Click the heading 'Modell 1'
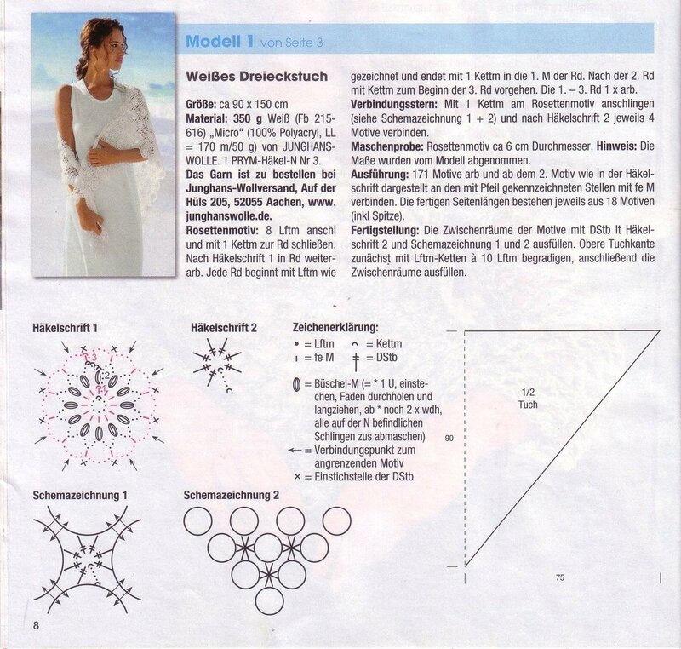(x=220, y=41)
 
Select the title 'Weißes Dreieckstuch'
(x=257, y=77)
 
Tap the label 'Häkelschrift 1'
(x=65, y=328)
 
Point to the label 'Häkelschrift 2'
(x=224, y=328)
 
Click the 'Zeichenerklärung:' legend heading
(x=335, y=328)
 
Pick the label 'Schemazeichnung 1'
(x=80, y=495)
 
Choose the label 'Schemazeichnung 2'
(x=231, y=495)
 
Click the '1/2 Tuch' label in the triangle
(x=528, y=399)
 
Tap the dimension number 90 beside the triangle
(x=449, y=439)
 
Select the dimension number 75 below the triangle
(x=560, y=577)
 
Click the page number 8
(x=36, y=625)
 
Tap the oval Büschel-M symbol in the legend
(x=296, y=384)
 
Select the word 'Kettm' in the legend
(x=384, y=344)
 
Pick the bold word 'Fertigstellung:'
(x=385, y=230)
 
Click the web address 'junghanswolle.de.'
(x=229, y=216)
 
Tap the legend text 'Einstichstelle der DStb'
(x=364, y=477)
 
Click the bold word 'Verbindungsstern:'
(x=394, y=105)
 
